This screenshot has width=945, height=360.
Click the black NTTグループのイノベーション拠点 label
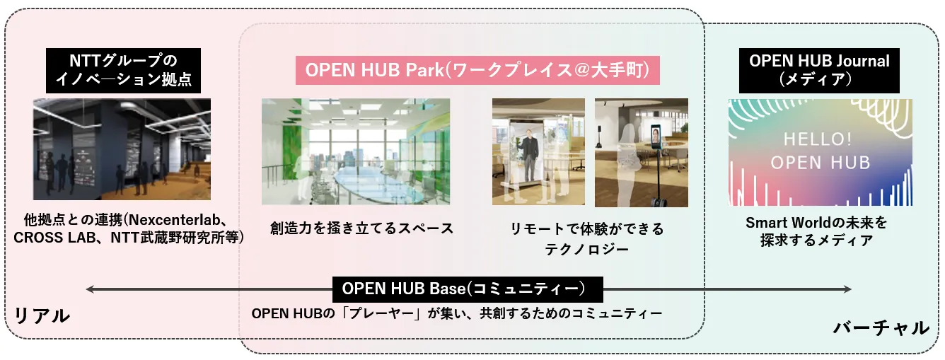[123, 71]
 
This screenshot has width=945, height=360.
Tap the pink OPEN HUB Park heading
[477, 71]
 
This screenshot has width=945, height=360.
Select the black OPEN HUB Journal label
[819, 71]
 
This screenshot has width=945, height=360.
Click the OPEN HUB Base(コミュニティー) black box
[468, 289]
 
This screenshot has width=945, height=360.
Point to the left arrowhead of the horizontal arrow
[89, 289]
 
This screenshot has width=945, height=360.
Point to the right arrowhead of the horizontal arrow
[847, 289]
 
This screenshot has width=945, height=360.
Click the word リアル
[42, 315]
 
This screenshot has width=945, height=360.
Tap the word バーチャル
[881, 328]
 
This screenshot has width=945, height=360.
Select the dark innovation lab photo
[122, 149]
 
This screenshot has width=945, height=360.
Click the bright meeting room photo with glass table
[356, 151]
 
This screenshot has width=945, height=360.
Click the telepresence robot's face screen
[656, 135]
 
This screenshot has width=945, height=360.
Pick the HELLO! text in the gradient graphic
[818, 139]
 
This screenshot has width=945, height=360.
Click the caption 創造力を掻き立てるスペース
[362, 228]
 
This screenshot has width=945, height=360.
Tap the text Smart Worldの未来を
[816, 222]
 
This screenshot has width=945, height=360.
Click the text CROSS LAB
[54, 238]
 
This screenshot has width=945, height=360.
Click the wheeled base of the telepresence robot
[656, 202]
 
